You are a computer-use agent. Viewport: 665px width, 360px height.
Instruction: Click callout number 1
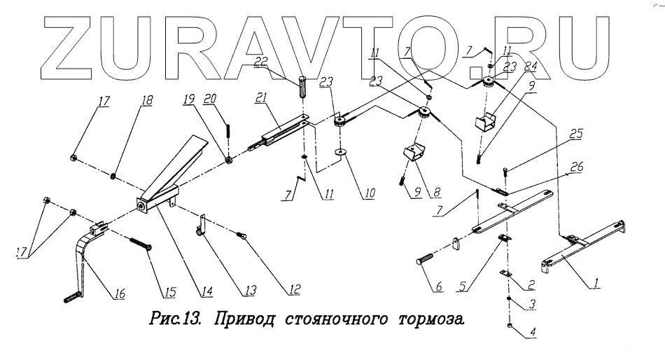coord(596,284)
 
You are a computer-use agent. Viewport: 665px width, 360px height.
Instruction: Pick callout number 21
coord(262,99)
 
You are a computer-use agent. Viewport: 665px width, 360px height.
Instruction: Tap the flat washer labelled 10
coord(340,151)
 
